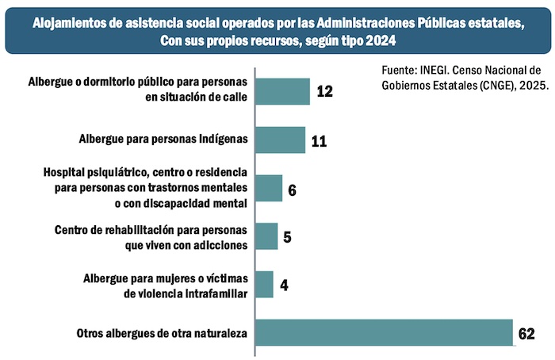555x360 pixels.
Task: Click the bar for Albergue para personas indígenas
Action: click(x=282, y=140)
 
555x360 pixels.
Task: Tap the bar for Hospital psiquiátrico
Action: click(x=270, y=189)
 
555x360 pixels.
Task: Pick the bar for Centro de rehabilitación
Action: click(x=268, y=236)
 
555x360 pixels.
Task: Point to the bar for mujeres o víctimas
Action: click(x=266, y=285)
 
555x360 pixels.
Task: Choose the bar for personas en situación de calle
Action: click(x=285, y=91)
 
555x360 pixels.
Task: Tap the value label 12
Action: click(x=323, y=91)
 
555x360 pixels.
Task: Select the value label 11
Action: click(x=319, y=141)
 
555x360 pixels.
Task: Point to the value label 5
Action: click(x=287, y=236)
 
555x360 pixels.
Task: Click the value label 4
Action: click(x=283, y=285)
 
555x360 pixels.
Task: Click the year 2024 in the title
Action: click(x=378, y=40)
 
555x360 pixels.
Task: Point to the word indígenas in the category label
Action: click(x=220, y=140)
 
